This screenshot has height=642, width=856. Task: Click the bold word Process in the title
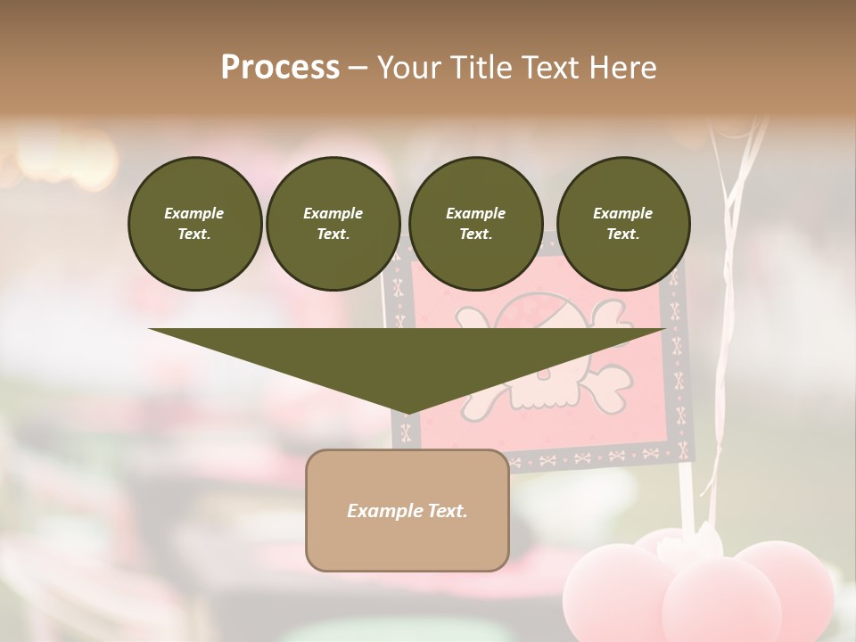tap(280, 68)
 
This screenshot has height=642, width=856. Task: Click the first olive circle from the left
tap(194, 223)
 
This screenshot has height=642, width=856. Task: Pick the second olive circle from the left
tap(333, 223)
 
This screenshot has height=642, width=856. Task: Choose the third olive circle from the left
tap(475, 223)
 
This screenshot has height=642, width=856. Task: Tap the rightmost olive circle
tap(622, 223)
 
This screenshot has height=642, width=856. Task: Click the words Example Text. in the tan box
tap(407, 511)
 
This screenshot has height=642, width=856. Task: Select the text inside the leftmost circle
tap(194, 223)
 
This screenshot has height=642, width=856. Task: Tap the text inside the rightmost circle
tap(622, 223)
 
